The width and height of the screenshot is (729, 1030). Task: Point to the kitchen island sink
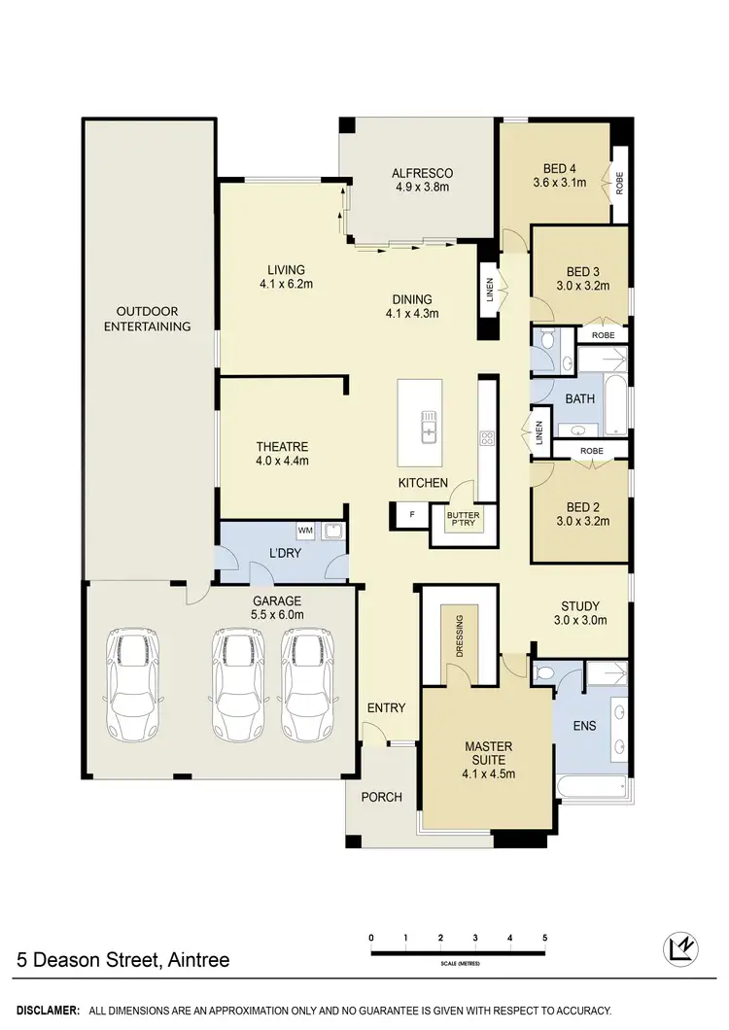[428, 425]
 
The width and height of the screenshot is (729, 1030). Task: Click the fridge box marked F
[411, 514]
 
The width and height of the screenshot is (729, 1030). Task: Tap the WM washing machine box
[305, 531]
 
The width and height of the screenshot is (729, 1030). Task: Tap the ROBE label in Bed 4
[619, 182]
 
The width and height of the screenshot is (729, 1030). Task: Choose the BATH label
[580, 399]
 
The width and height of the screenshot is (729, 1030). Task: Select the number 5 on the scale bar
[545, 938]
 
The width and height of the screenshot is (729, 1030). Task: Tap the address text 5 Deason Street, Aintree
[123, 960]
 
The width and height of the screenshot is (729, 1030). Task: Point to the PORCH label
[382, 798]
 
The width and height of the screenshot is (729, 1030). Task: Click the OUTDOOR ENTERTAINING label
[148, 319]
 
